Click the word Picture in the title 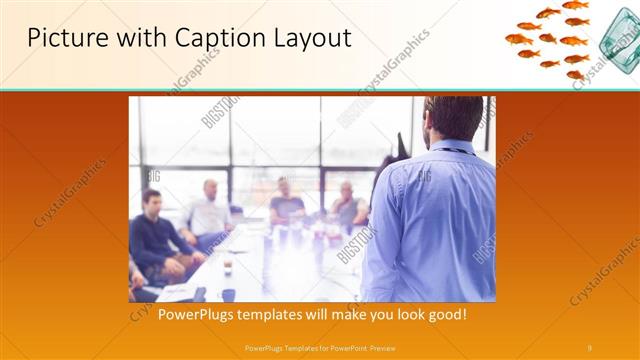(x=62, y=38)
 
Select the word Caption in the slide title (x=203, y=38)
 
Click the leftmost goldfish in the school (x=518, y=39)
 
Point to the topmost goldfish (x=576, y=5)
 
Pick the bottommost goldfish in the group (x=574, y=74)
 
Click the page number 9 (x=590, y=347)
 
